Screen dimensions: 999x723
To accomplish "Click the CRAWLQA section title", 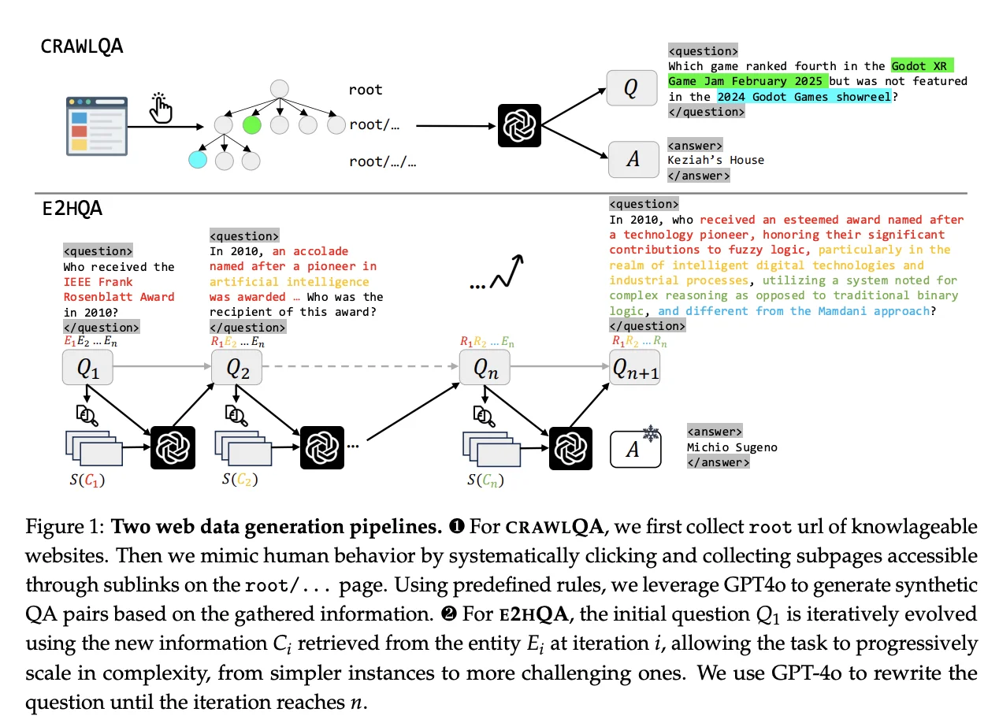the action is [x=82, y=46].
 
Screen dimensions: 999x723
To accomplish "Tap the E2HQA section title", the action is [x=72, y=209].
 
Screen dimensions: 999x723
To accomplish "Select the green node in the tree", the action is [x=252, y=125].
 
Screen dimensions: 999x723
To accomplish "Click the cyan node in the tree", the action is [x=198, y=160].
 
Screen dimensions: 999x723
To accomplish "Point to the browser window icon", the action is [x=97, y=126].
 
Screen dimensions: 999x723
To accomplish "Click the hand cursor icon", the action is [x=161, y=107].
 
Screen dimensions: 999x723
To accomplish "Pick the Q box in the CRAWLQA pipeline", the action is [x=632, y=87].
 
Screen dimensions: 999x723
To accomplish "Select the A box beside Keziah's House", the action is [x=633, y=159].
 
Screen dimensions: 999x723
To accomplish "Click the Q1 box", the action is [x=87, y=367].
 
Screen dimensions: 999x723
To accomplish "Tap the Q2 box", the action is [x=237, y=367].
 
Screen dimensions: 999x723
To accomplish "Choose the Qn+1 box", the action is [x=635, y=367].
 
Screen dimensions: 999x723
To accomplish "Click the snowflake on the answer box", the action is [x=651, y=433].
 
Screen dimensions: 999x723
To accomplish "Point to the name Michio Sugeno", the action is [x=732, y=447].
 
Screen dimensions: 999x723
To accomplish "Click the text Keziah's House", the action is [x=715, y=160].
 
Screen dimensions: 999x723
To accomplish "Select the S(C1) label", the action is [x=87, y=480].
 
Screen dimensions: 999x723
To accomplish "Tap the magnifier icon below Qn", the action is [x=484, y=416].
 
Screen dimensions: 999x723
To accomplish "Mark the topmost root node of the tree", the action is [x=280, y=89].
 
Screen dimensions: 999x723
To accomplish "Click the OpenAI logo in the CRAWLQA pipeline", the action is [x=519, y=126].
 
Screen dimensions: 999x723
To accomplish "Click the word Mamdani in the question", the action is [x=842, y=310].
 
